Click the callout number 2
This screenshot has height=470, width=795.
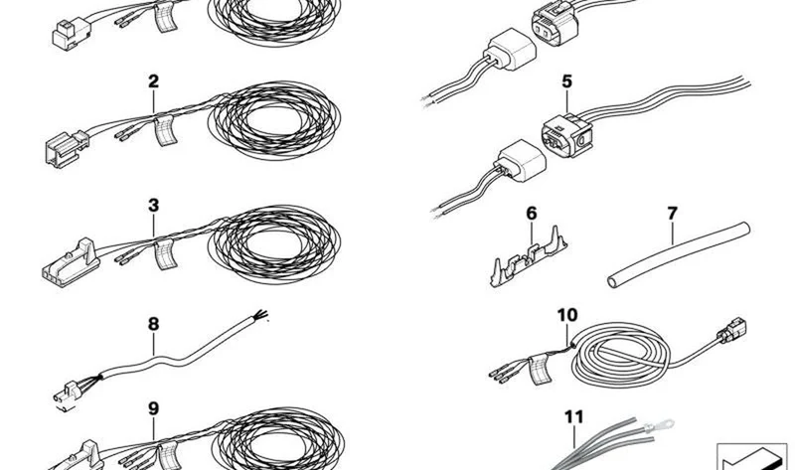pos(154,81)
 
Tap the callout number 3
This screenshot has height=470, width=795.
pos(154,206)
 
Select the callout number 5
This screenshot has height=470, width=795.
pos(566,81)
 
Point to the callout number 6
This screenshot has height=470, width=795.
pos(532,214)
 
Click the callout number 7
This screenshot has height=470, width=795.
pos(673,214)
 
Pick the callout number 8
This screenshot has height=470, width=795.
pos(154,324)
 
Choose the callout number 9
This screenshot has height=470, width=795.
pos(154,408)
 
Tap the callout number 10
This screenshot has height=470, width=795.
pos(567,315)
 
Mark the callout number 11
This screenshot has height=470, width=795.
pos(574,417)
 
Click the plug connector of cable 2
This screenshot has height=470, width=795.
pos(67,148)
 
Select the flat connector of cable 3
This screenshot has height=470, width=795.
pos(71,264)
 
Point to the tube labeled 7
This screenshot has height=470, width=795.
pos(679,254)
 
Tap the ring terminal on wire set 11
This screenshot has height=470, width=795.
pos(659,425)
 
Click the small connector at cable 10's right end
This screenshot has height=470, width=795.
pos(731,331)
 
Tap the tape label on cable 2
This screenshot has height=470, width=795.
pos(166,131)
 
